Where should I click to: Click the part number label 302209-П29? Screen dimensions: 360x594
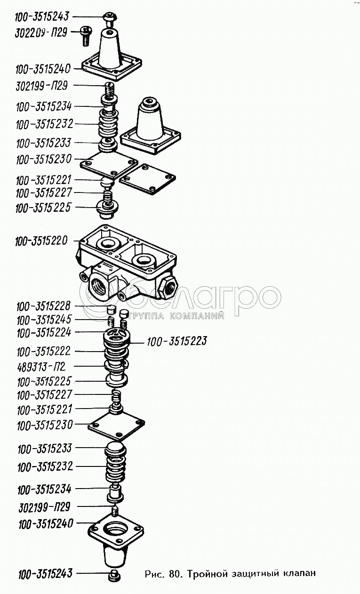coord(41,33)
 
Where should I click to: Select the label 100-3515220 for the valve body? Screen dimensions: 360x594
coord(41,241)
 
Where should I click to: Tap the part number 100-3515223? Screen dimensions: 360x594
coord(177,342)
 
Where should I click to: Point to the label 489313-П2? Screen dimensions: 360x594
coord(41,367)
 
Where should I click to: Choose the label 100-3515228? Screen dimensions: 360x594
coord(44,306)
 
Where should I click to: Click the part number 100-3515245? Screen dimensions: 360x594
coord(44,320)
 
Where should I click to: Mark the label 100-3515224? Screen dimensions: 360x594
coord(44,333)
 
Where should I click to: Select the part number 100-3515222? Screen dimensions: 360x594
coord(44,352)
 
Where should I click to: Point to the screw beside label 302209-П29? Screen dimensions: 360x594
coord(85,36)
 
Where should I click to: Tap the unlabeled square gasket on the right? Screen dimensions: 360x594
coord(147,179)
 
